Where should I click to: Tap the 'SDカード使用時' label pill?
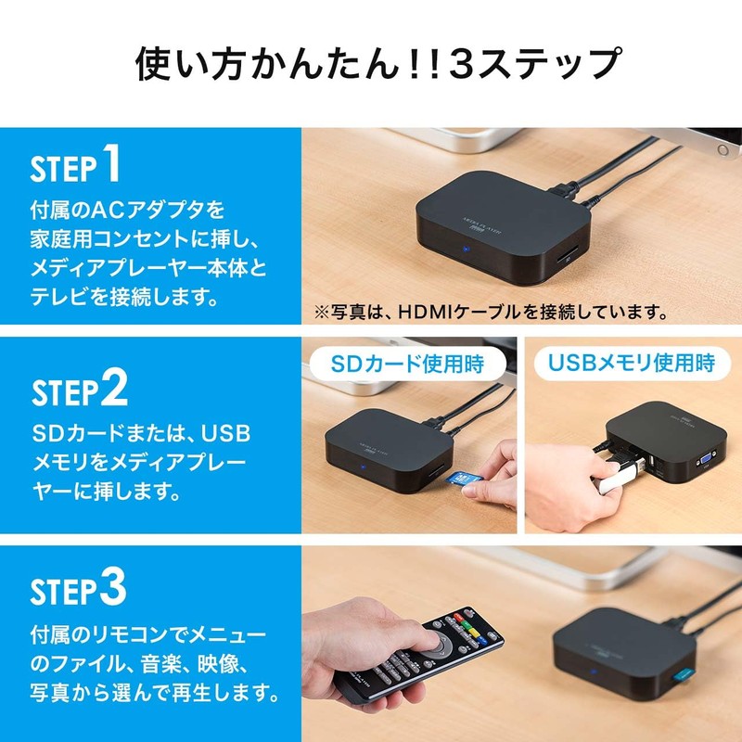pyautogui.click(x=408, y=363)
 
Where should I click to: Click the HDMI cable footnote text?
pyautogui.click(x=491, y=311)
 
